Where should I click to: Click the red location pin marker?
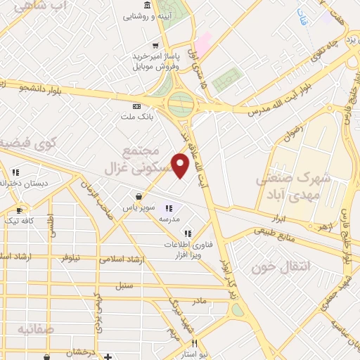click(181, 166)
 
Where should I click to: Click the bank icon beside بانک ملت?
click(136, 105)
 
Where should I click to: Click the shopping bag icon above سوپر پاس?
click(141, 195)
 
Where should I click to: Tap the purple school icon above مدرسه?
click(168, 207)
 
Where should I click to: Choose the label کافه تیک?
click(18, 221)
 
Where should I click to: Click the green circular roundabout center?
click(181, 106)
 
